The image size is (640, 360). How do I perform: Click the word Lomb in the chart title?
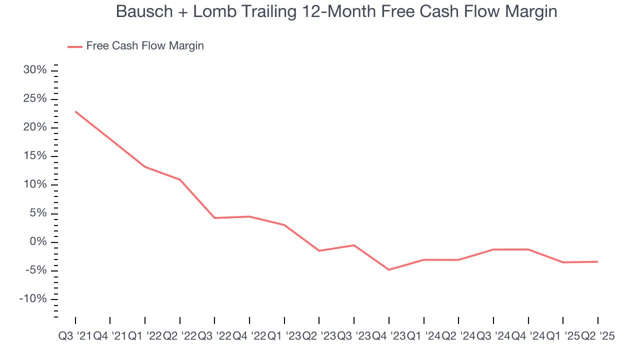point(211,11)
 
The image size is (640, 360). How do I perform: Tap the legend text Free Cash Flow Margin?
point(145,46)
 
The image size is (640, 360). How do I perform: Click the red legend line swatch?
point(75,46)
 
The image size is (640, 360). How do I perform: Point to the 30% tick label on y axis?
point(35,70)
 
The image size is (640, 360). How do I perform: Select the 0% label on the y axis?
point(38,242)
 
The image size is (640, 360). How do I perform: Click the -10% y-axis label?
point(33,299)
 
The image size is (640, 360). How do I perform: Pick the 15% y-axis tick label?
point(35,156)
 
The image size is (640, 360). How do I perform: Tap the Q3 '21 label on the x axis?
point(75,336)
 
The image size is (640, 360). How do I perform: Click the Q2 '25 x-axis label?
point(598,336)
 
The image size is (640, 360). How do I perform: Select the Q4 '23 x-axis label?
point(389,336)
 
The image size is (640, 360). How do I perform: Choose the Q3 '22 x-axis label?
point(214,336)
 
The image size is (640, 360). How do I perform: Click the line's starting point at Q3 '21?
point(75,111)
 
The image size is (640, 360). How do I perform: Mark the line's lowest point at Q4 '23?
point(389,269)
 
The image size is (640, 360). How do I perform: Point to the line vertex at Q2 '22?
point(179,179)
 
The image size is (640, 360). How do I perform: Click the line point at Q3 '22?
point(214,218)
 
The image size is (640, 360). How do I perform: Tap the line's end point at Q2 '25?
point(597,261)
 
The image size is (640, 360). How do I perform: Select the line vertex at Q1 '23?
point(284,225)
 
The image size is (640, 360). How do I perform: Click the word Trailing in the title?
point(260,11)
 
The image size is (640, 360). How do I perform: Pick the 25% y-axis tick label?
point(35,99)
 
